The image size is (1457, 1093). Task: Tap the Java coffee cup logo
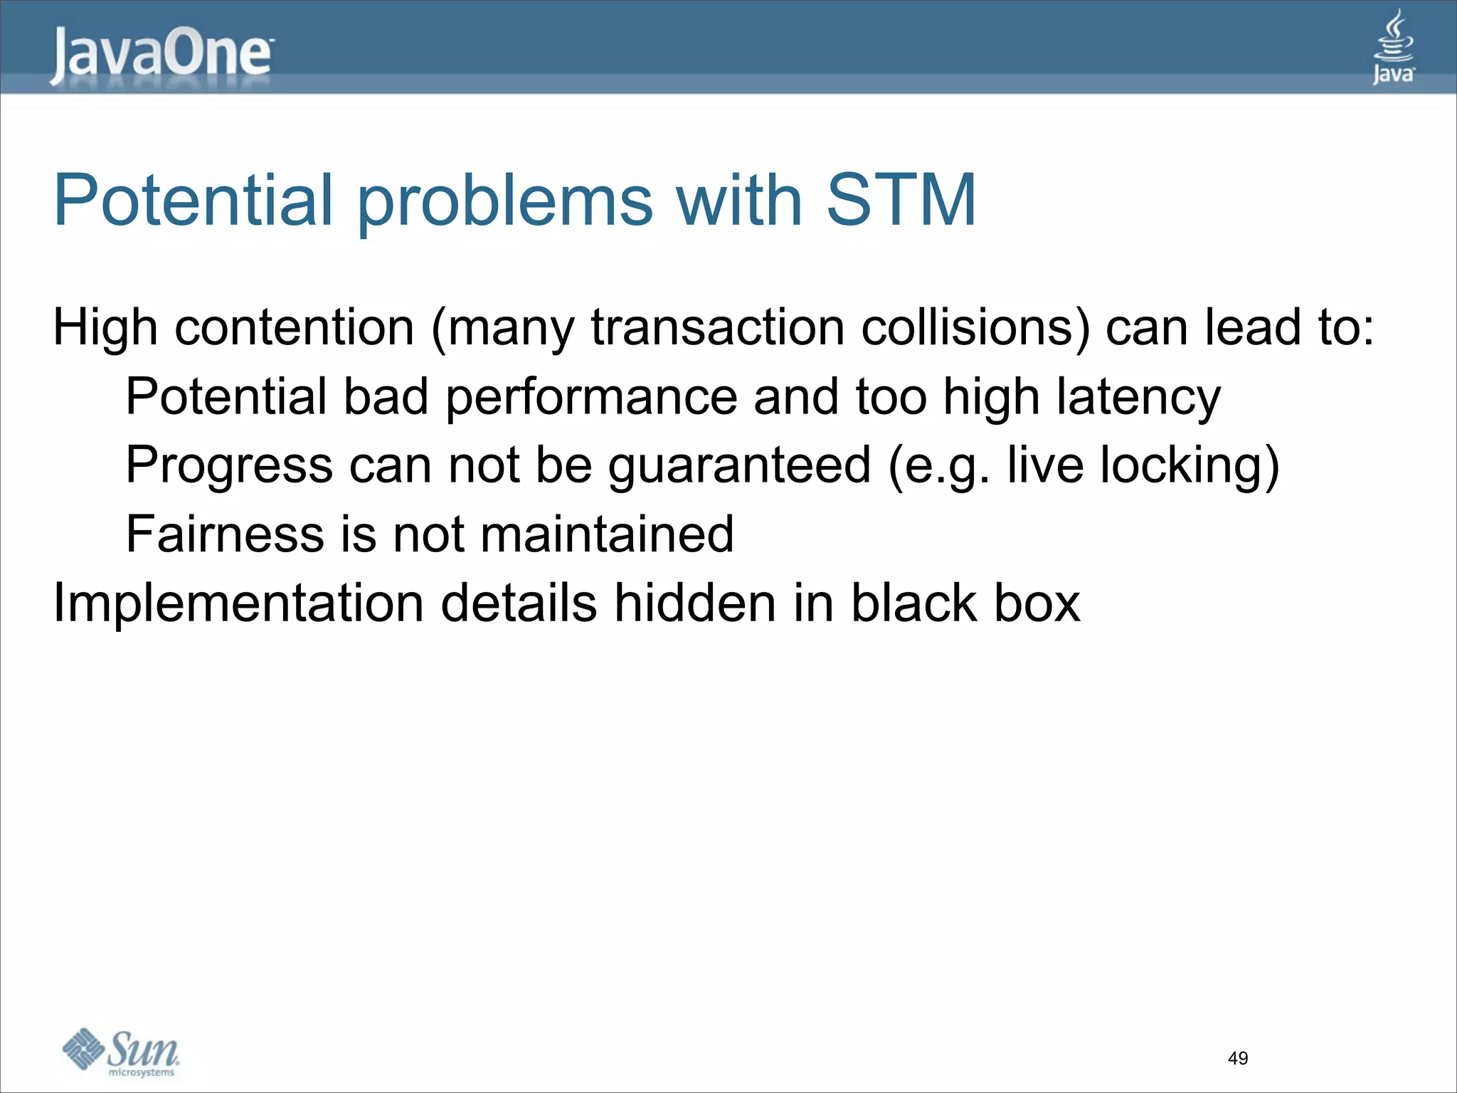point(1392,47)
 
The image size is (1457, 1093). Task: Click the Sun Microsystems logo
point(121,1052)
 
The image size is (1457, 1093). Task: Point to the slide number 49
point(1237,1058)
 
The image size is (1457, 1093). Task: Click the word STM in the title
point(901,201)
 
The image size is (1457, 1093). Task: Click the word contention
point(294,328)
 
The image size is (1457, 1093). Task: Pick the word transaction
point(717,328)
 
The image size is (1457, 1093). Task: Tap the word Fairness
point(224,534)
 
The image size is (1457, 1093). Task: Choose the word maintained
point(607,534)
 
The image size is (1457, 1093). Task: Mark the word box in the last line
point(1037,603)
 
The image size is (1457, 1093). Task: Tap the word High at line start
point(105,329)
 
